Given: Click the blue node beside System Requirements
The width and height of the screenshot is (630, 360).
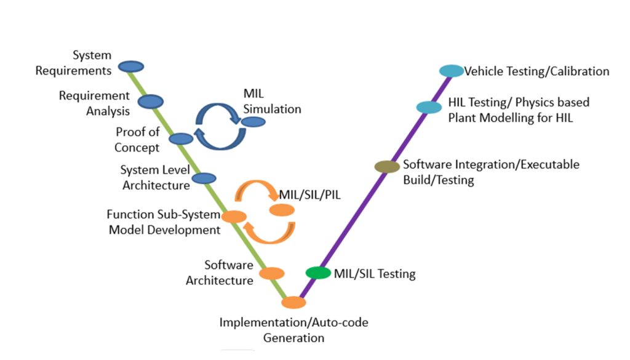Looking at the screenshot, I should (x=130, y=66).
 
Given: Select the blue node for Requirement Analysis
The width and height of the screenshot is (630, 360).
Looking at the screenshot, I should (x=150, y=102).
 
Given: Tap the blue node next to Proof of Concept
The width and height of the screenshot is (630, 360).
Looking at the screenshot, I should (x=181, y=139).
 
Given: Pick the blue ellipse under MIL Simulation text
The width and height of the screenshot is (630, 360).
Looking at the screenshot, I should (x=253, y=122).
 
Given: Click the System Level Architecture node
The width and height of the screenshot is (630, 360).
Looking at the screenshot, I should (x=204, y=178).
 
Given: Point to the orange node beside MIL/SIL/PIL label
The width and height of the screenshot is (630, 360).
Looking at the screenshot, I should (x=282, y=210).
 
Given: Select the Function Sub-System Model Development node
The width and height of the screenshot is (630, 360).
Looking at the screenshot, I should (x=234, y=217).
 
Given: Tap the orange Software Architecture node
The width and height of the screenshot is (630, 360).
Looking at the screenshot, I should (x=271, y=273).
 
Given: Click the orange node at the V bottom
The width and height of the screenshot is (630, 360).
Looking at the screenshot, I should (x=293, y=303).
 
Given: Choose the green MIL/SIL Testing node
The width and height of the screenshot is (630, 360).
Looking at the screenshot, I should (x=318, y=273).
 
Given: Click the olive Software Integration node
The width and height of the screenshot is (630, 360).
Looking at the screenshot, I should (x=387, y=166).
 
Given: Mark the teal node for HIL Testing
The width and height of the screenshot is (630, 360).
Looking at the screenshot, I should (x=429, y=107).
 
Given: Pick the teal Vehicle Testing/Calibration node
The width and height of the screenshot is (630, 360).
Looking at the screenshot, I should (x=452, y=71).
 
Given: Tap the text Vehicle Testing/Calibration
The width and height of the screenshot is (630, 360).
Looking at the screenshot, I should (x=536, y=71).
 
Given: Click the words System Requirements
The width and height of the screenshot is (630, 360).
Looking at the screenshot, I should (x=73, y=63).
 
